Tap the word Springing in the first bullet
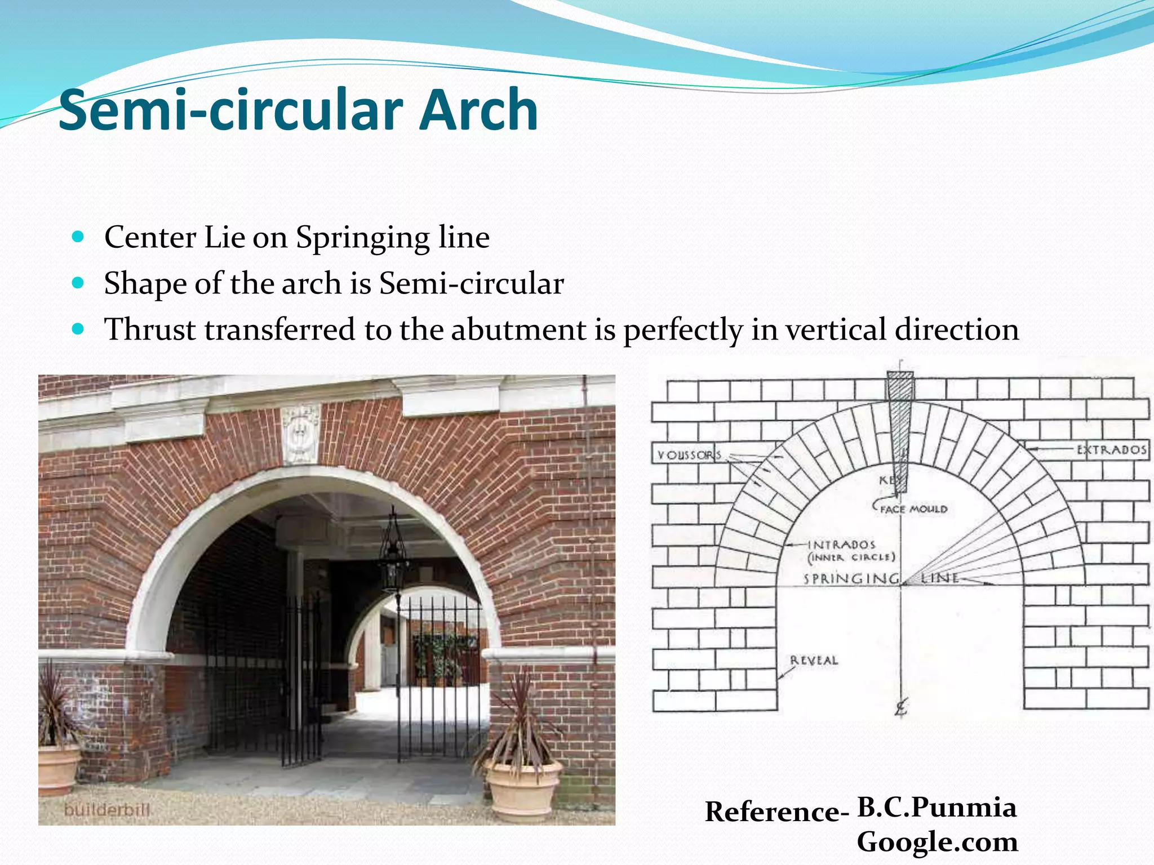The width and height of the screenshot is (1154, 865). coord(364,237)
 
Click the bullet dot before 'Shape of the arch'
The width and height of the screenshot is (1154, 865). coord(78,282)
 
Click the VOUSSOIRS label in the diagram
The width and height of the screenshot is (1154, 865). coord(689,454)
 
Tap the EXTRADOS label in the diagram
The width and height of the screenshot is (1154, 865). coord(1112,449)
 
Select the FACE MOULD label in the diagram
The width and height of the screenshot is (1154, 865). coord(913,509)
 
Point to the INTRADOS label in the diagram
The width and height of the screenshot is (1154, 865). coord(842,545)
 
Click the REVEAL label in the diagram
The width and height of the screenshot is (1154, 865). coord(814,660)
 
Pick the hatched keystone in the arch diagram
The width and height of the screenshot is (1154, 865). coord(900,428)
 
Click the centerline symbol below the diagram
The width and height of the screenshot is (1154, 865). coord(901,707)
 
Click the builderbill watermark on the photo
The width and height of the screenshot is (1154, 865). coord(107,810)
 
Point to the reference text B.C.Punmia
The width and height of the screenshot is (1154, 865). coord(936,808)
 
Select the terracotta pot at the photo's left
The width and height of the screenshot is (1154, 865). coord(58,769)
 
